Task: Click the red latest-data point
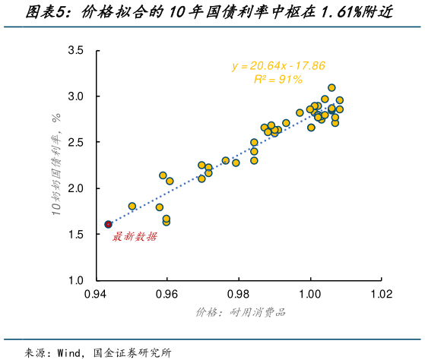pos(108,224)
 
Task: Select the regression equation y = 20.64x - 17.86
pos(278,66)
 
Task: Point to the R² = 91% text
pos(278,79)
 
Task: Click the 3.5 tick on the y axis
pos(76,51)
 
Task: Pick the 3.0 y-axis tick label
pos(76,96)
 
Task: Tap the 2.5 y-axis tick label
pos(76,143)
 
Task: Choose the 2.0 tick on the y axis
pos(76,188)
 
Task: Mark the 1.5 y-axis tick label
pos(76,235)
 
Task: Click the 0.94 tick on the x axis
pos(97,293)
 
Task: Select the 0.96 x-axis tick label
pos(167,293)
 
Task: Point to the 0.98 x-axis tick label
pos(239,293)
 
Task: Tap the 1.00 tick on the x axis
pos(310,293)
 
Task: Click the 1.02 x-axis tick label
pos(381,293)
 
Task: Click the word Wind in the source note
pos(70,352)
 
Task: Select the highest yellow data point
pos(331,88)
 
